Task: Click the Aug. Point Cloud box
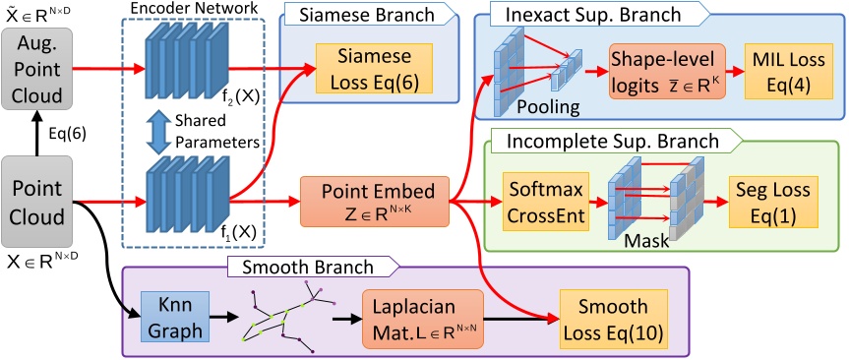pos(38,66)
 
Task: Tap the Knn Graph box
pos(163,312)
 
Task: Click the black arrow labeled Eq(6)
pos(38,127)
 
